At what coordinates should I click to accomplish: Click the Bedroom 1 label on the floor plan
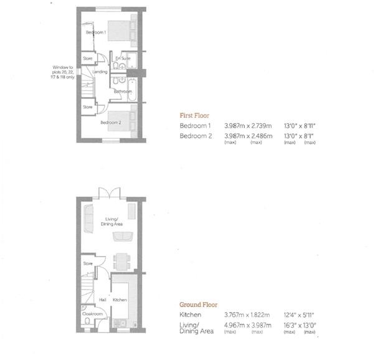point(96,32)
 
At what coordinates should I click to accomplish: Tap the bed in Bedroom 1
point(121,29)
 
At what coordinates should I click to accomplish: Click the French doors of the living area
point(110,192)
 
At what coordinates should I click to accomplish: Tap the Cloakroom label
point(93,314)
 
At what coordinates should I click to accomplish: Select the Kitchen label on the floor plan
point(120,300)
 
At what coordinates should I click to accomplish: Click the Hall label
point(103,300)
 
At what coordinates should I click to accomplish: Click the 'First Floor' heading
point(194,115)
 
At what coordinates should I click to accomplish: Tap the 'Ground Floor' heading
point(197,305)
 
